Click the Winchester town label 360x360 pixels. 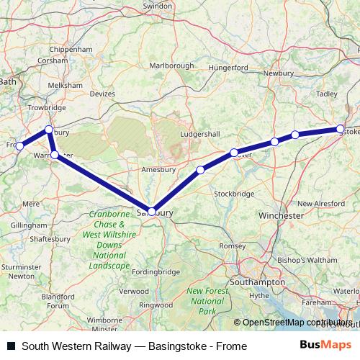coord(281,216)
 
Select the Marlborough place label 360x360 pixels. coord(171,66)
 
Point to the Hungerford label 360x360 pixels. coord(228,68)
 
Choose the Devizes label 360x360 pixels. coord(102,93)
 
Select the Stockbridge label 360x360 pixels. coord(235,194)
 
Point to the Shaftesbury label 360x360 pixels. coord(50,239)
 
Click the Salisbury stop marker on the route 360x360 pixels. coord(150,211)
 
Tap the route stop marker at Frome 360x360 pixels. coord(19,146)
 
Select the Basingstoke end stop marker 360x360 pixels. coord(341,130)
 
